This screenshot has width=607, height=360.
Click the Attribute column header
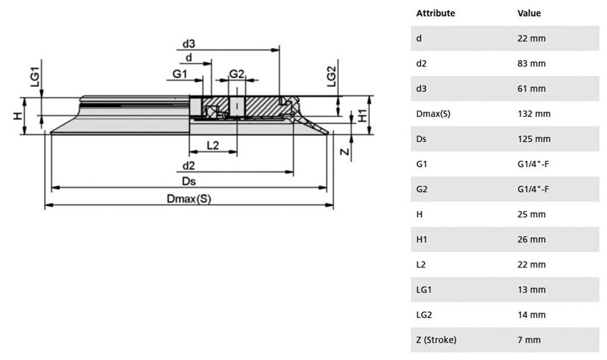(436, 13)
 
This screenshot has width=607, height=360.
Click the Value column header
(529, 13)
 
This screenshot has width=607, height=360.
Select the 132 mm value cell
(532, 114)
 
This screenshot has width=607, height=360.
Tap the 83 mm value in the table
(529, 63)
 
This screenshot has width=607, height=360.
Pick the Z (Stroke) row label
(436, 340)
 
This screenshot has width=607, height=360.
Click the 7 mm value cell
(527, 340)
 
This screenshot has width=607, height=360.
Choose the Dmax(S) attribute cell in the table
(433, 114)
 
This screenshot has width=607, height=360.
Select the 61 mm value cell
(529, 89)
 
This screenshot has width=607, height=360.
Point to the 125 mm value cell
(532, 139)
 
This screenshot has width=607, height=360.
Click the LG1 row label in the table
(424, 290)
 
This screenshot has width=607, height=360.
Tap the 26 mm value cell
(529, 240)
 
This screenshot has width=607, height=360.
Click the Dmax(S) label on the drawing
(189, 199)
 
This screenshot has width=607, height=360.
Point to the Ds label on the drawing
(190, 180)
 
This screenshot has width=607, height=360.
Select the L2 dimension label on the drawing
(213, 145)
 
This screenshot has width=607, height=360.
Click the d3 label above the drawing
(189, 43)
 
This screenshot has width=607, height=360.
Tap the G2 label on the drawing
(237, 74)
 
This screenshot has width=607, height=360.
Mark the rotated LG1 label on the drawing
(35, 78)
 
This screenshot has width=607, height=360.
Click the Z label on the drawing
(344, 151)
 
